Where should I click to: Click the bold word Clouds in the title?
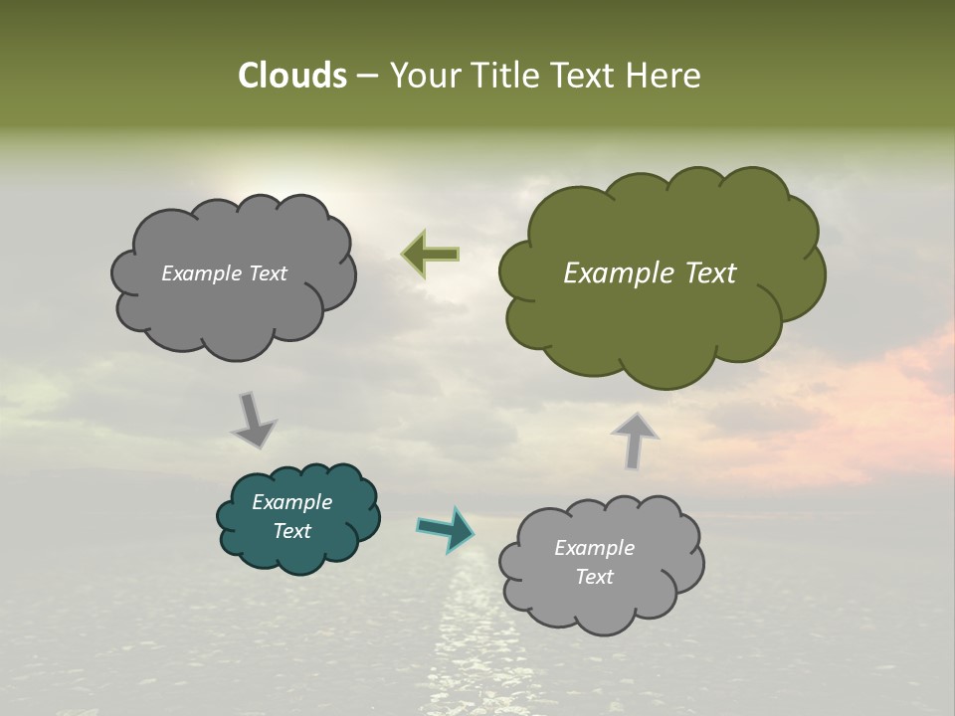(291, 76)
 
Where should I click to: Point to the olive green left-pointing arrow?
(430, 255)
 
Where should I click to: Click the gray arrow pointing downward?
(253, 420)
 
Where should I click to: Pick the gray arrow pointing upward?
(635, 440)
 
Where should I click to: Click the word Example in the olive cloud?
(616, 273)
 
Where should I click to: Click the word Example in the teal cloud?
(291, 502)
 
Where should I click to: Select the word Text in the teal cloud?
(291, 531)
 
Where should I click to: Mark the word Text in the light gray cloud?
(594, 577)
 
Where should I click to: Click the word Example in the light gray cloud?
(594, 548)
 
